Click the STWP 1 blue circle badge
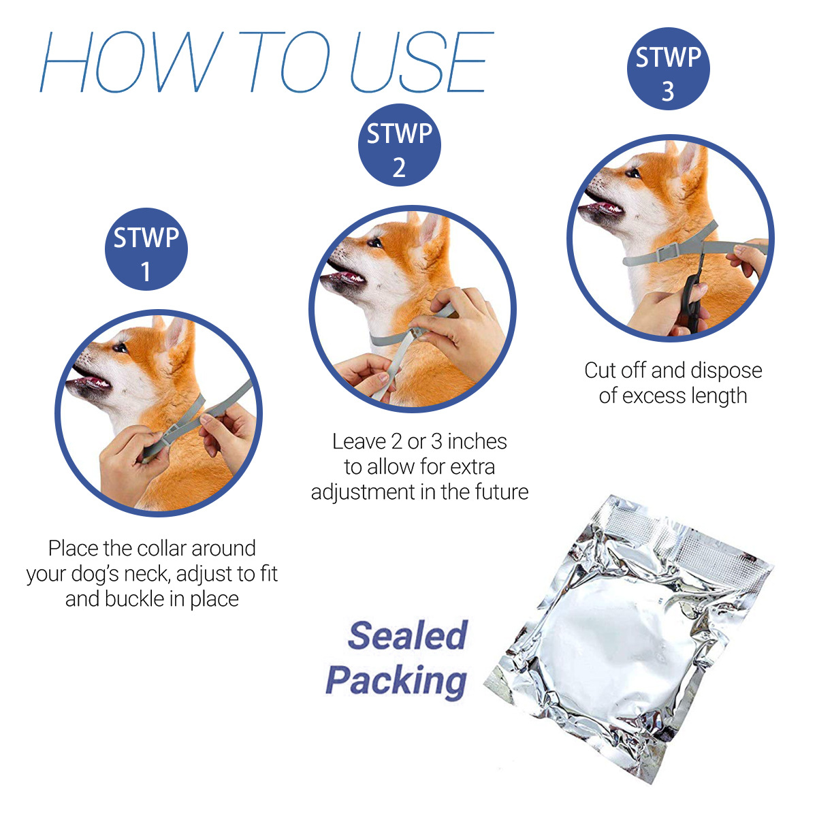(146, 249)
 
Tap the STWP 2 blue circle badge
(400, 145)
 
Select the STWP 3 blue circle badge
(668, 69)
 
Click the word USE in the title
(420, 62)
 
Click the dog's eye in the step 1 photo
(121, 348)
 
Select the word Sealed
(407, 635)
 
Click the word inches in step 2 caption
(477, 442)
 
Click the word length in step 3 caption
(716, 396)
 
